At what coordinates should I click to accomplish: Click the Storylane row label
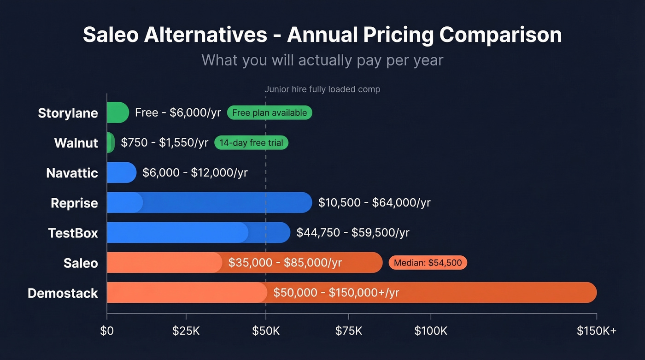pyautogui.click(x=68, y=113)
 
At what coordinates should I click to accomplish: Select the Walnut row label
pyautogui.click(x=76, y=143)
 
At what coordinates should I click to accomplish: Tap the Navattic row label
pyautogui.click(x=72, y=173)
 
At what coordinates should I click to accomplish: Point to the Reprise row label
pyautogui.click(x=74, y=203)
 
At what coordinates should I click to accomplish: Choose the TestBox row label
pyautogui.click(x=73, y=233)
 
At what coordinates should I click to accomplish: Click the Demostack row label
pyautogui.click(x=63, y=293)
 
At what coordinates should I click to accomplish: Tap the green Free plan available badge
pyautogui.click(x=270, y=113)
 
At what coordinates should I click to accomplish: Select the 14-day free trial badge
pyautogui.click(x=251, y=143)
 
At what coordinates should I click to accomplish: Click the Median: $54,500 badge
pyautogui.click(x=428, y=263)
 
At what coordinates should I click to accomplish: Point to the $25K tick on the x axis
pyautogui.click(x=186, y=330)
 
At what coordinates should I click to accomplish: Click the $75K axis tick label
pyautogui.click(x=349, y=330)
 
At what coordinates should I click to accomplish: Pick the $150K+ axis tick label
pyautogui.click(x=596, y=330)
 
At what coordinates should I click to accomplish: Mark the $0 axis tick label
pyautogui.click(x=107, y=330)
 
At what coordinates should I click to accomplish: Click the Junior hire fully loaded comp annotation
pyautogui.click(x=322, y=89)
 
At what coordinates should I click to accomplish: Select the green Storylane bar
pyautogui.click(x=117, y=112)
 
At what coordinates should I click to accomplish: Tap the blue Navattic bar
pyautogui.click(x=121, y=172)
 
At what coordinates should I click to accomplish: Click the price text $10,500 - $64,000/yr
pyautogui.click(x=374, y=203)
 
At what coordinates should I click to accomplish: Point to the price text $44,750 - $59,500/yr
pyautogui.click(x=352, y=233)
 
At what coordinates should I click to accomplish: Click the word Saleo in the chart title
pyautogui.click(x=111, y=35)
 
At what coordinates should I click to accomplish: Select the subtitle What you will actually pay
pyautogui.click(x=322, y=60)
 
